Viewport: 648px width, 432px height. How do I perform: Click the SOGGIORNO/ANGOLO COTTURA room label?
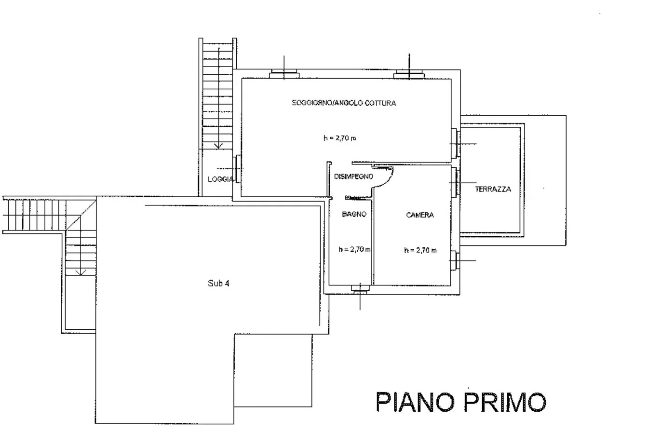coord(344,103)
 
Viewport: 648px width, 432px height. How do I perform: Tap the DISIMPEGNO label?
coord(353,176)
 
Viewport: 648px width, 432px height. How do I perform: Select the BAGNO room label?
coord(354,214)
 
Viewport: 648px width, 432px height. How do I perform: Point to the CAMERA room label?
coord(420,215)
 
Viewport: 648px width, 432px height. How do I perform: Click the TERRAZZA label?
coord(493,189)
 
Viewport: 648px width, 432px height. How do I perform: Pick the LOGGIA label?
coord(220,179)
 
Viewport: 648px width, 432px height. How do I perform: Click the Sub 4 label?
coord(218,283)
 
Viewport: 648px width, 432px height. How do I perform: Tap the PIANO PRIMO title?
coord(461,402)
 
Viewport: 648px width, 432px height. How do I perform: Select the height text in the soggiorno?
coord(339,138)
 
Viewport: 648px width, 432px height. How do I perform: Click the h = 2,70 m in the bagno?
coord(354,249)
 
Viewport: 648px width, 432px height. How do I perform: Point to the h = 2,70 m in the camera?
coord(420,250)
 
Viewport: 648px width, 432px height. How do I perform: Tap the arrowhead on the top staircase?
coord(218,146)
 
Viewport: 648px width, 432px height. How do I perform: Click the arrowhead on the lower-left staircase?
coord(81,272)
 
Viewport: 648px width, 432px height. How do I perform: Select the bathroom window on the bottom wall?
coord(360,289)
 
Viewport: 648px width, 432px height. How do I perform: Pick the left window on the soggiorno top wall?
coord(284,74)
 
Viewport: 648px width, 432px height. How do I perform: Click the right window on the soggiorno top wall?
coord(409,74)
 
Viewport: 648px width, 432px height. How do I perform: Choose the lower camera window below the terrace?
coord(455,260)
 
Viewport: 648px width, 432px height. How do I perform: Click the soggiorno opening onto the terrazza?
coord(456,144)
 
